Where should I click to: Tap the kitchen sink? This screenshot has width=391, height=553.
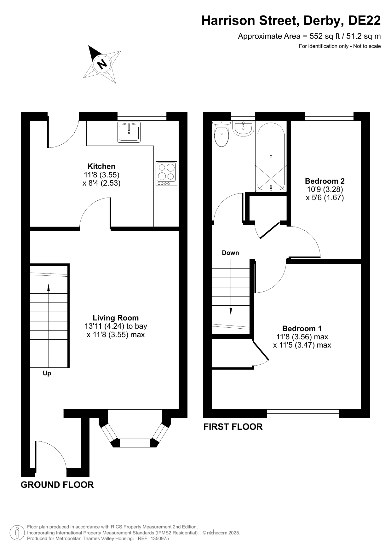[129, 132]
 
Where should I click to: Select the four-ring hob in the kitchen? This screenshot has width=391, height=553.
[166, 174]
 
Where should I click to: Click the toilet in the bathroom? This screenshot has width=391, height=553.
[221, 133]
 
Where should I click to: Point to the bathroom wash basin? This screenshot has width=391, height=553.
[243, 129]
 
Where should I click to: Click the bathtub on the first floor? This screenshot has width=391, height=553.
[271, 157]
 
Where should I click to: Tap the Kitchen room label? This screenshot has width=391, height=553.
[101, 166]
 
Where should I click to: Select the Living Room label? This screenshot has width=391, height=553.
[116, 318]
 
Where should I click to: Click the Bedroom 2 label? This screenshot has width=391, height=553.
[325, 181]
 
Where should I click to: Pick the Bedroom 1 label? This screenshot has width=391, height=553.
[302, 329]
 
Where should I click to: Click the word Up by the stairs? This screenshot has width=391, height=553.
[47, 373]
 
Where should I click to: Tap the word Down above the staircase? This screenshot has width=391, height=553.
[231, 253]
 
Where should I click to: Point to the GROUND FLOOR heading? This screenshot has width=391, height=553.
[57, 485]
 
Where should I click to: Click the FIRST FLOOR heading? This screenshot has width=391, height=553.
[233, 427]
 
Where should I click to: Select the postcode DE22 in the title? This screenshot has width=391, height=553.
[364, 21]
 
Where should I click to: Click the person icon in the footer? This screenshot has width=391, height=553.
[17, 533]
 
